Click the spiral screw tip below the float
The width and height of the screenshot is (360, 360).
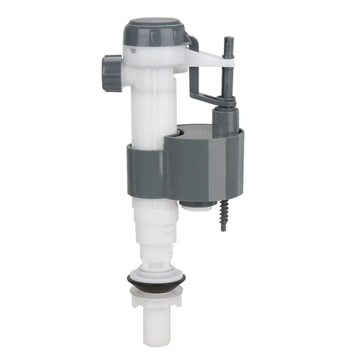pos(224,216)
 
